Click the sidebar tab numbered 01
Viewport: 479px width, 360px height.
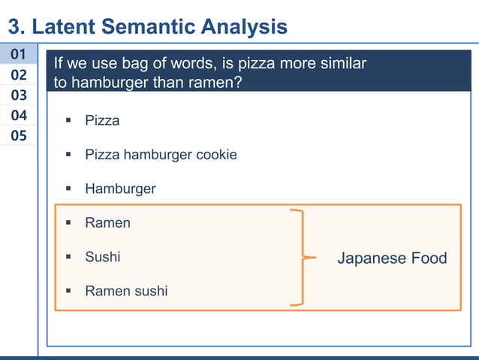[x=19, y=54]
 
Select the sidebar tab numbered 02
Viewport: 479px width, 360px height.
[x=19, y=74]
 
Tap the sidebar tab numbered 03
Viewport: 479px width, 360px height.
[x=19, y=95]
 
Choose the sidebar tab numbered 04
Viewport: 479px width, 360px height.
[x=19, y=115]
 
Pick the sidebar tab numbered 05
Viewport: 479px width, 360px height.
[x=19, y=135]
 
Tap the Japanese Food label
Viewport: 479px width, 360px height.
[x=392, y=259]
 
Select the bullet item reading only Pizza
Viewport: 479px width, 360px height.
[x=102, y=120]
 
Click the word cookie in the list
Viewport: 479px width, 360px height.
[x=216, y=155]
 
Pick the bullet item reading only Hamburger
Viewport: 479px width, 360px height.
[x=120, y=189]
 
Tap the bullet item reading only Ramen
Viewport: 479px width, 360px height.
[x=107, y=222]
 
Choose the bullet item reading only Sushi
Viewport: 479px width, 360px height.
[x=102, y=257]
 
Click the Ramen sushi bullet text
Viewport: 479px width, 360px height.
[x=126, y=291]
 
